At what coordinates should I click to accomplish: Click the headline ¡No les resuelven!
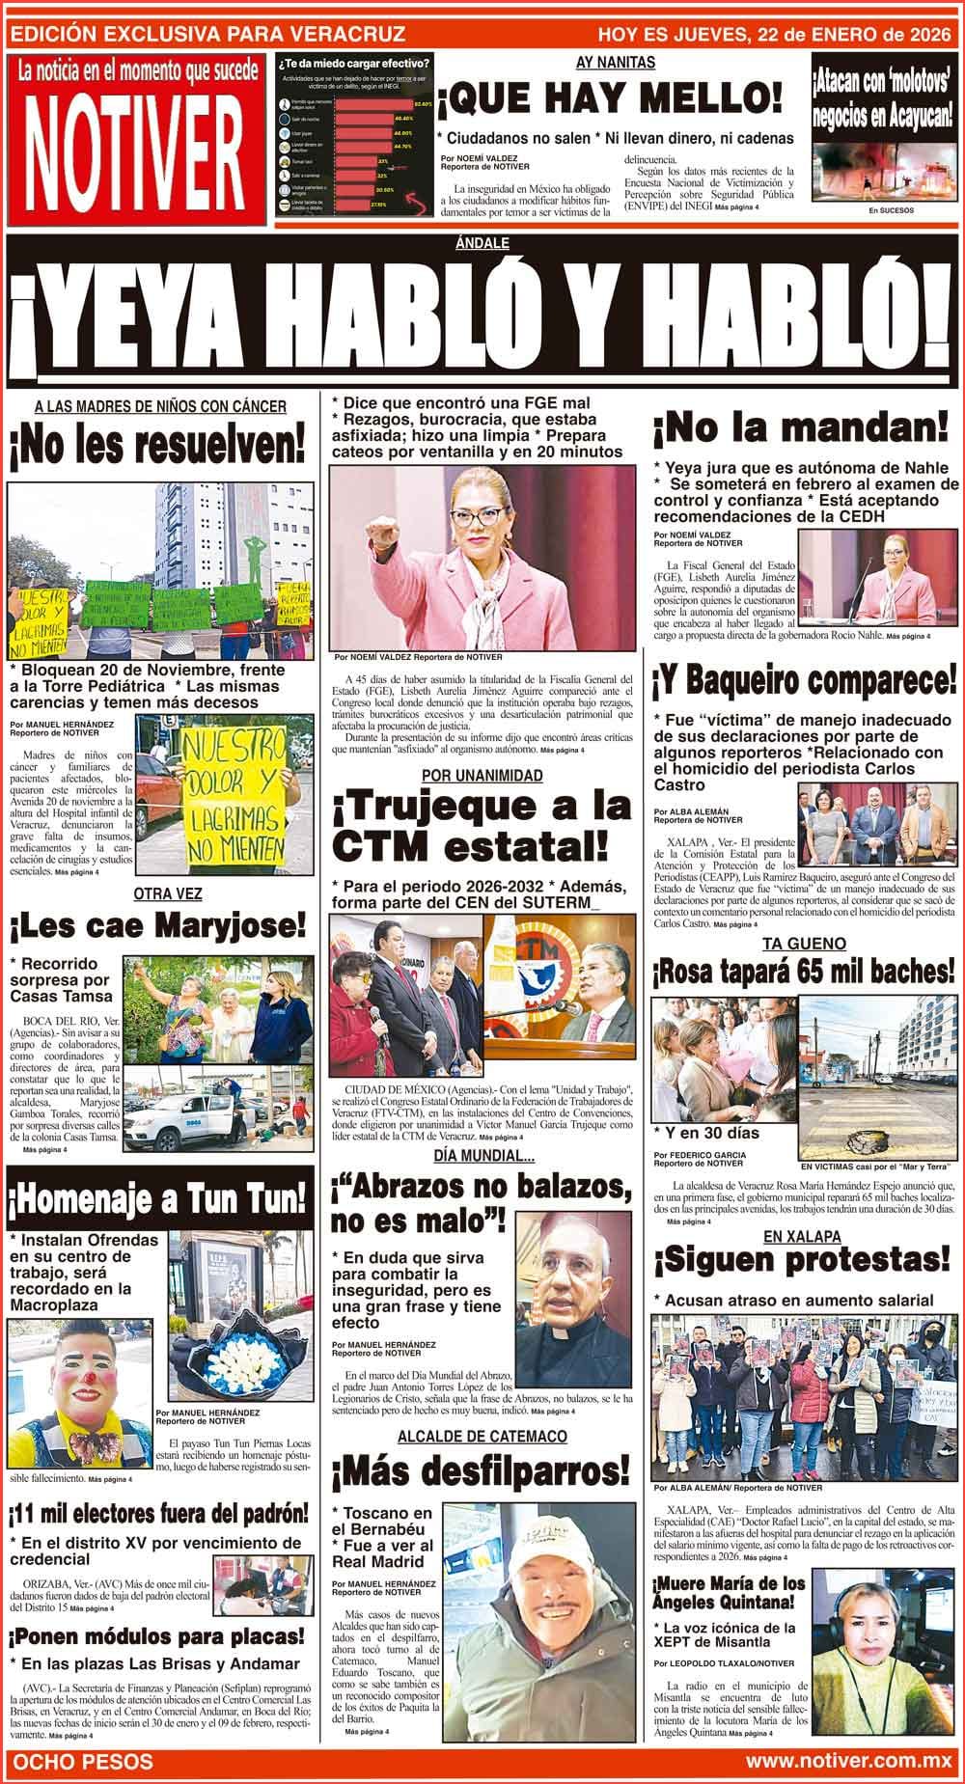click(x=156, y=447)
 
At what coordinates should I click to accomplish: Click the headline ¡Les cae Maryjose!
click(x=157, y=927)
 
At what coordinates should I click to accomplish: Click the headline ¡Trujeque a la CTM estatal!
click(x=475, y=826)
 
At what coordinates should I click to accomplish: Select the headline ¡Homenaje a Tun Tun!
click(x=156, y=1200)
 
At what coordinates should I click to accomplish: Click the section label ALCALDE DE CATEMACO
click(x=482, y=1437)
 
